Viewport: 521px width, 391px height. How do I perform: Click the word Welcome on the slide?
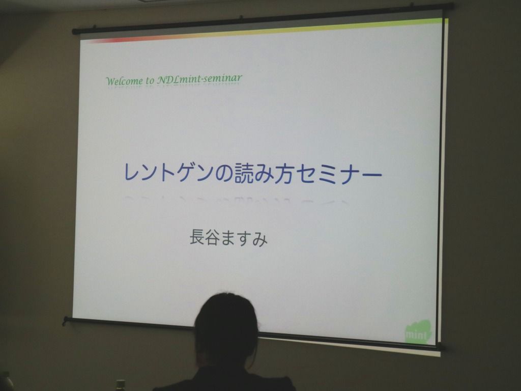pos(125,81)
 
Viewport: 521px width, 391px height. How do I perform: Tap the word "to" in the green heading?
pos(150,80)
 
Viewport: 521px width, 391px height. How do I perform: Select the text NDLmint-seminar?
pos(199,79)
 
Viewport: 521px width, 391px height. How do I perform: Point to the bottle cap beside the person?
pos(121,383)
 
